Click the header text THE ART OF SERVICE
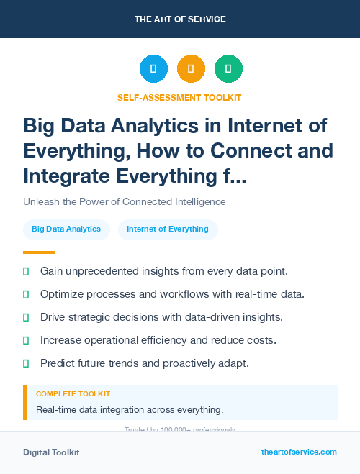pyautogui.click(x=180, y=19)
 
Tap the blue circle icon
pyautogui.click(x=153, y=69)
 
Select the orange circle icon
pyautogui.click(x=191, y=69)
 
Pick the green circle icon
pyautogui.click(x=228, y=69)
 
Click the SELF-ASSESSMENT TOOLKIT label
pyautogui.click(x=179, y=97)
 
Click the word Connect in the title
pyautogui.click(x=248, y=151)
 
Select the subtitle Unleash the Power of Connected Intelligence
pyautogui.click(x=125, y=201)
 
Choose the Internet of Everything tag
pyautogui.click(x=168, y=229)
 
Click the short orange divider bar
pyautogui.click(x=39, y=252)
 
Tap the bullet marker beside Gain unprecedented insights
pyautogui.click(x=26, y=271)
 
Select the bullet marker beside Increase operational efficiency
pyautogui.click(x=26, y=340)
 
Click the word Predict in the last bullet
pyautogui.click(x=58, y=363)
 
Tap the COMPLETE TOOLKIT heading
pyautogui.click(x=73, y=394)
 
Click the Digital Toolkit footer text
pyautogui.click(x=51, y=452)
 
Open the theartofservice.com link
pyautogui.click(x=299, y=452)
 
